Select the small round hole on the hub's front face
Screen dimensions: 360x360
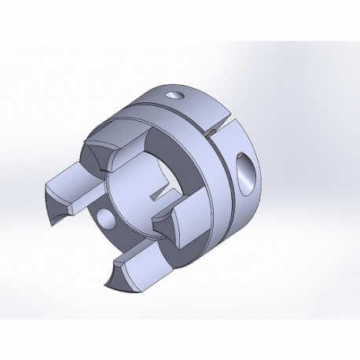tap(105, 217)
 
